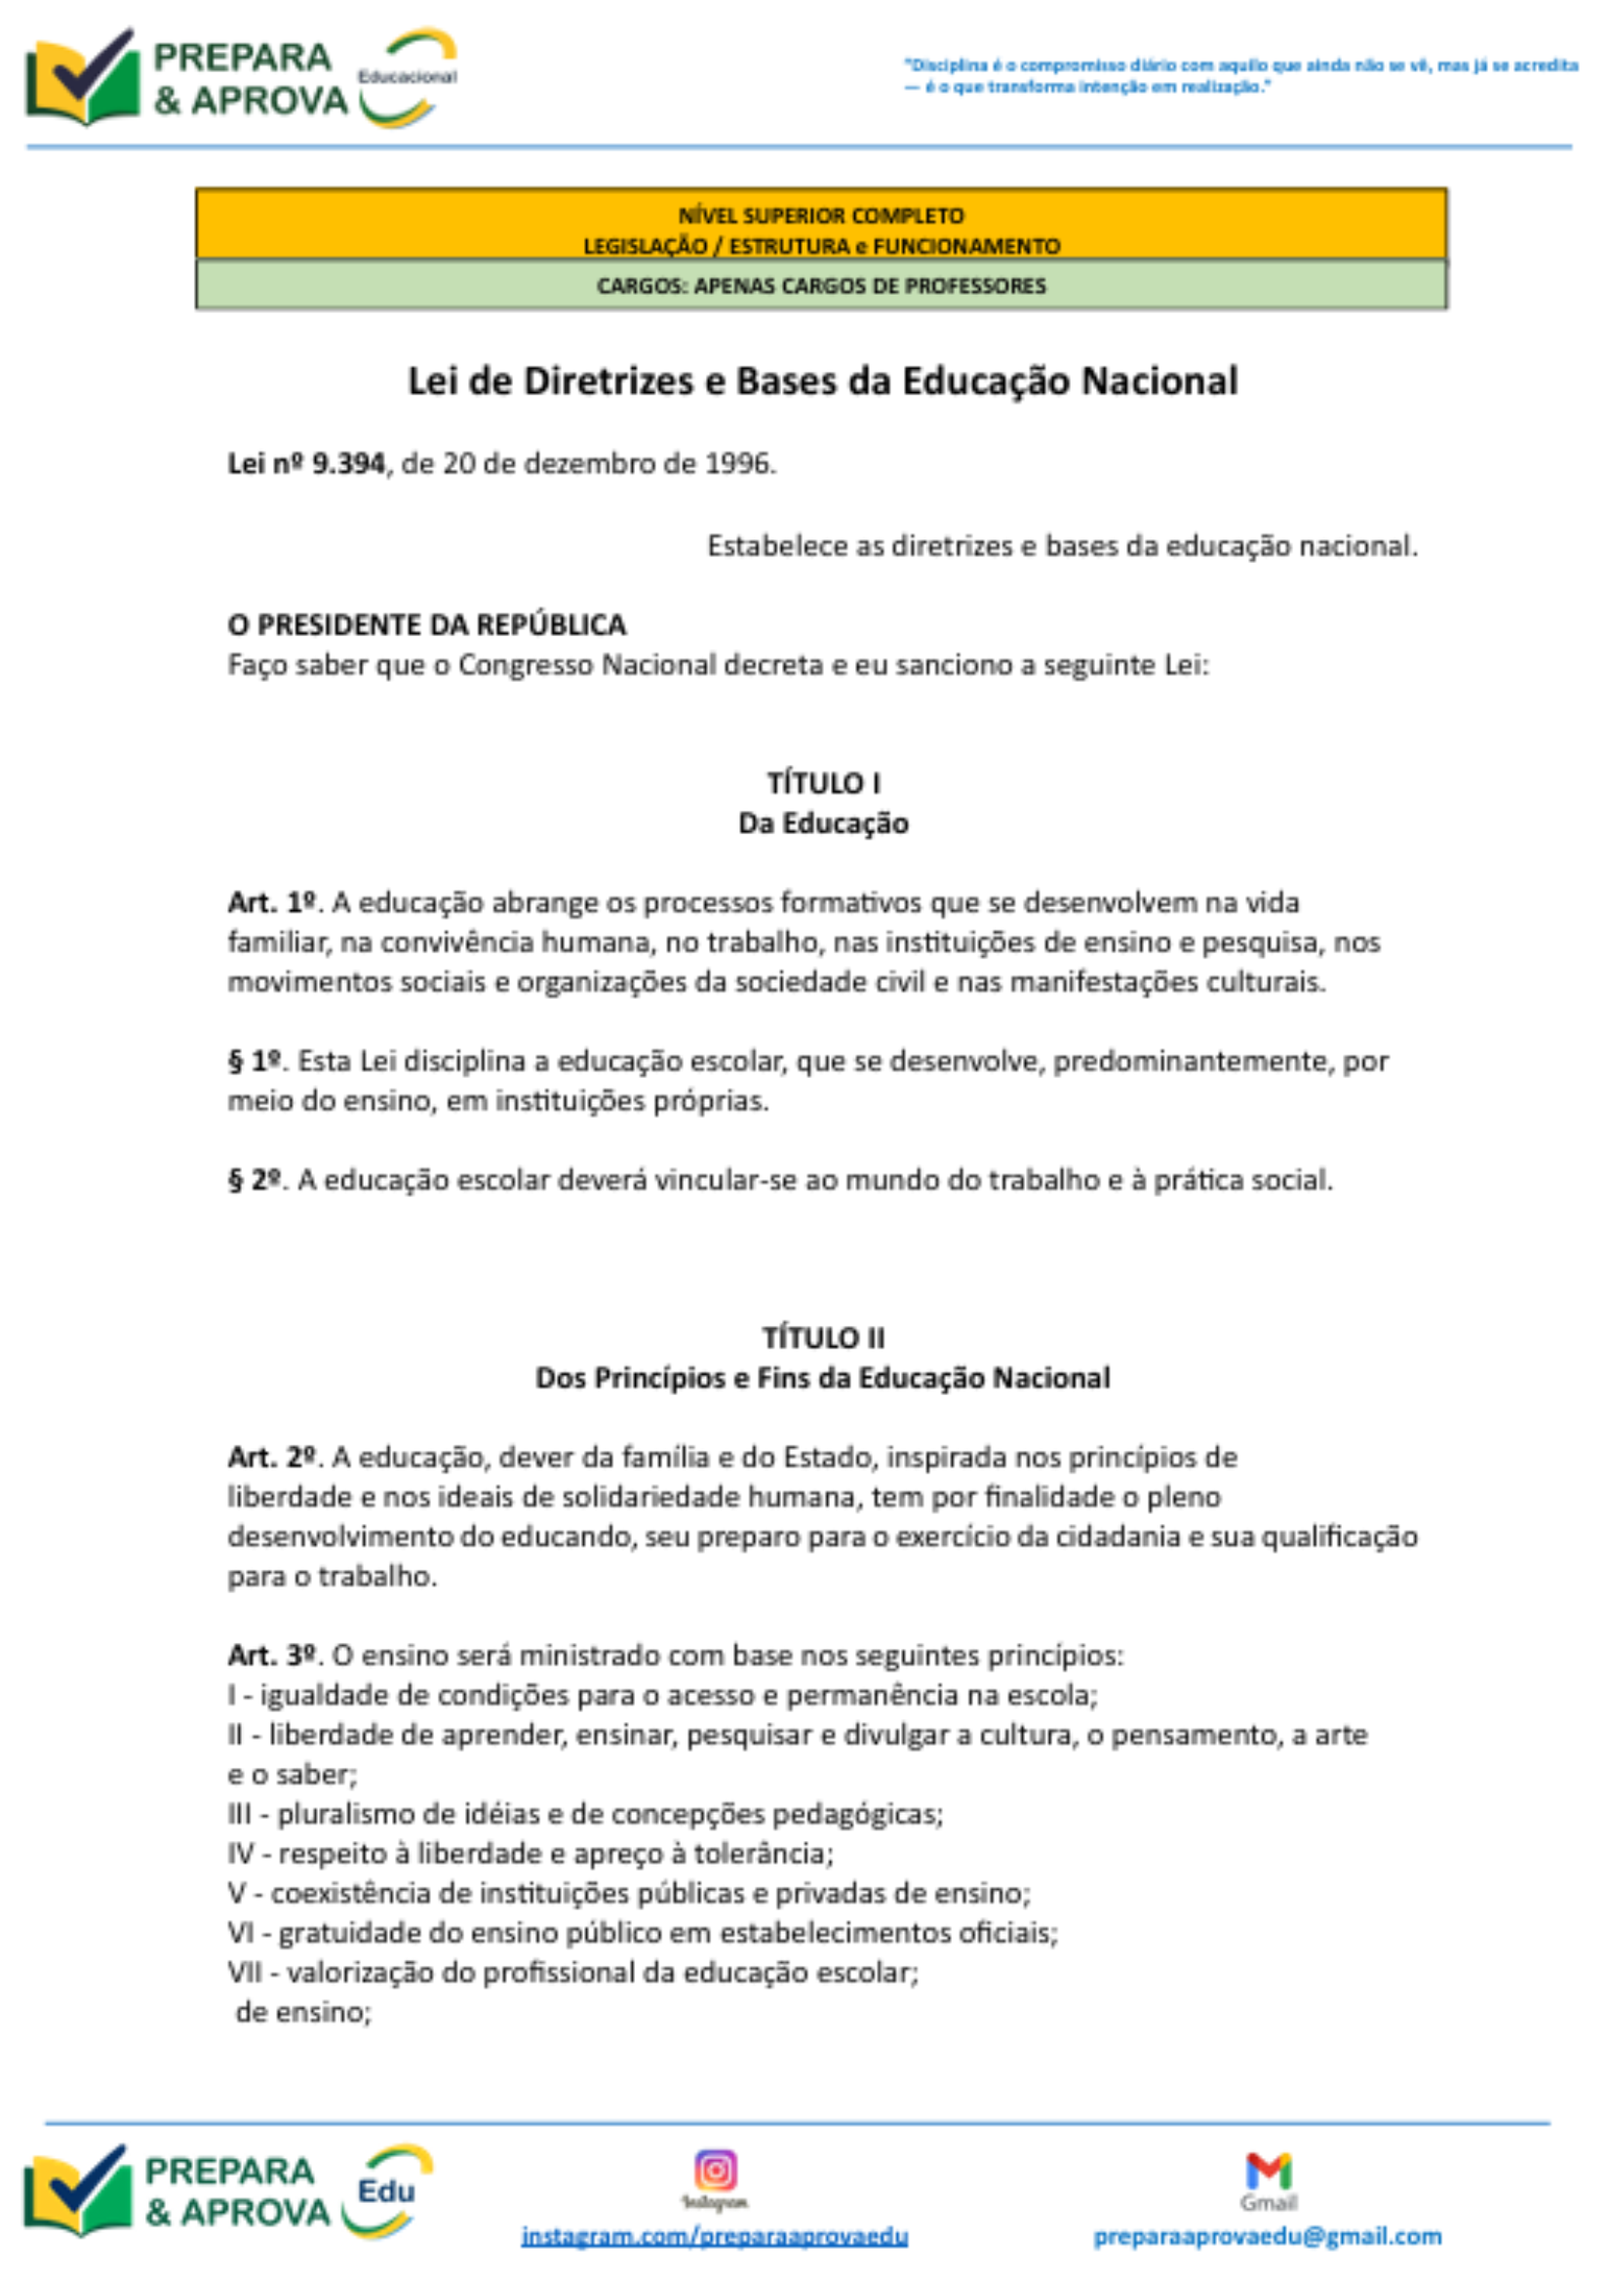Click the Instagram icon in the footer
[x=715, y=2170]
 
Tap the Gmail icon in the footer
[x=1269, y=2170]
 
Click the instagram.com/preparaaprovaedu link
[x=714, y=2236]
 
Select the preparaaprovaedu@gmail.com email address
[x=1268, y=2236]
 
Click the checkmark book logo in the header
[x=83, y=77]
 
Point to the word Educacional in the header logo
[x=408, y=76]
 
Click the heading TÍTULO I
[x=823, y=783]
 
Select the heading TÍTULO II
[x=823, y=1339]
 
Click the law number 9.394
[x=347, y=464]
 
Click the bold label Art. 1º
[x=271, y=903]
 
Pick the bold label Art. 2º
[x=271, y=1458]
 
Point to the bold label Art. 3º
[x=271, y=1656]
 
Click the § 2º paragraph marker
[x=255, y=1181]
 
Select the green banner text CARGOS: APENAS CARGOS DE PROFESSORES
[x=821, y=286]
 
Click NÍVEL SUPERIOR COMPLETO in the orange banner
[x=821, y=216]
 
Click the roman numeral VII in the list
[x=245, y=1972]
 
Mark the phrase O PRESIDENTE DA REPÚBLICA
[x=427, y=625]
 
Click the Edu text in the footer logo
[x=386, y=2190]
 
